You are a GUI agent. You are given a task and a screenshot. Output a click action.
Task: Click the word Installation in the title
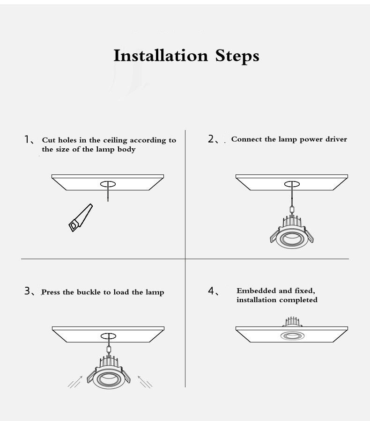click(x=161, y=56)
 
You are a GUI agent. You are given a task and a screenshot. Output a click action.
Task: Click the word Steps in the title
click(x=237, y=57)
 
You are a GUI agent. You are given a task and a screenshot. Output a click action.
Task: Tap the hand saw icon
click(x=81, y=218)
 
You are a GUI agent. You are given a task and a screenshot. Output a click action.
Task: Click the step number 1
click(x=27, y=139)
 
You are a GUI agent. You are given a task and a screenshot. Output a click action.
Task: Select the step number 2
click(x=211, y=139)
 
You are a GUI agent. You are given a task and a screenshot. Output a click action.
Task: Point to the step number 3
click(x=27, y=291)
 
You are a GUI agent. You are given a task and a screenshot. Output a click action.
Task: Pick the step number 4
click(x=211, y=291)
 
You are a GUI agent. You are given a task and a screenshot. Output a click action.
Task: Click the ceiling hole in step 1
click(x=108, y=184)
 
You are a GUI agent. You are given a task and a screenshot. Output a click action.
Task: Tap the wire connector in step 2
click(x=292, y=210)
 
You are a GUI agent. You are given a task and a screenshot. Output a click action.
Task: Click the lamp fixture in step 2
click(x=292, y=232)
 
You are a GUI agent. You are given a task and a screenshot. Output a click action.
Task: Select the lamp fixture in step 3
click(x=109, y=372)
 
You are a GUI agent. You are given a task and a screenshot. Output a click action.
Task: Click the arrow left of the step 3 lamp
click(x=75, y=382)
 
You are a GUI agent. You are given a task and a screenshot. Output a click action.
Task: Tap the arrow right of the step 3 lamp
click(x=145, y=382)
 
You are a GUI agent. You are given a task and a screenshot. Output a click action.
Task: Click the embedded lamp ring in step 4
click(x=292, y=335)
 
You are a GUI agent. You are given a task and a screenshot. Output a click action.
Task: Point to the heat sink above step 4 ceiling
click(x=292, y=322)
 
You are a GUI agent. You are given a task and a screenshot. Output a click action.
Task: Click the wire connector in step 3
click(x=109, y=349)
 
